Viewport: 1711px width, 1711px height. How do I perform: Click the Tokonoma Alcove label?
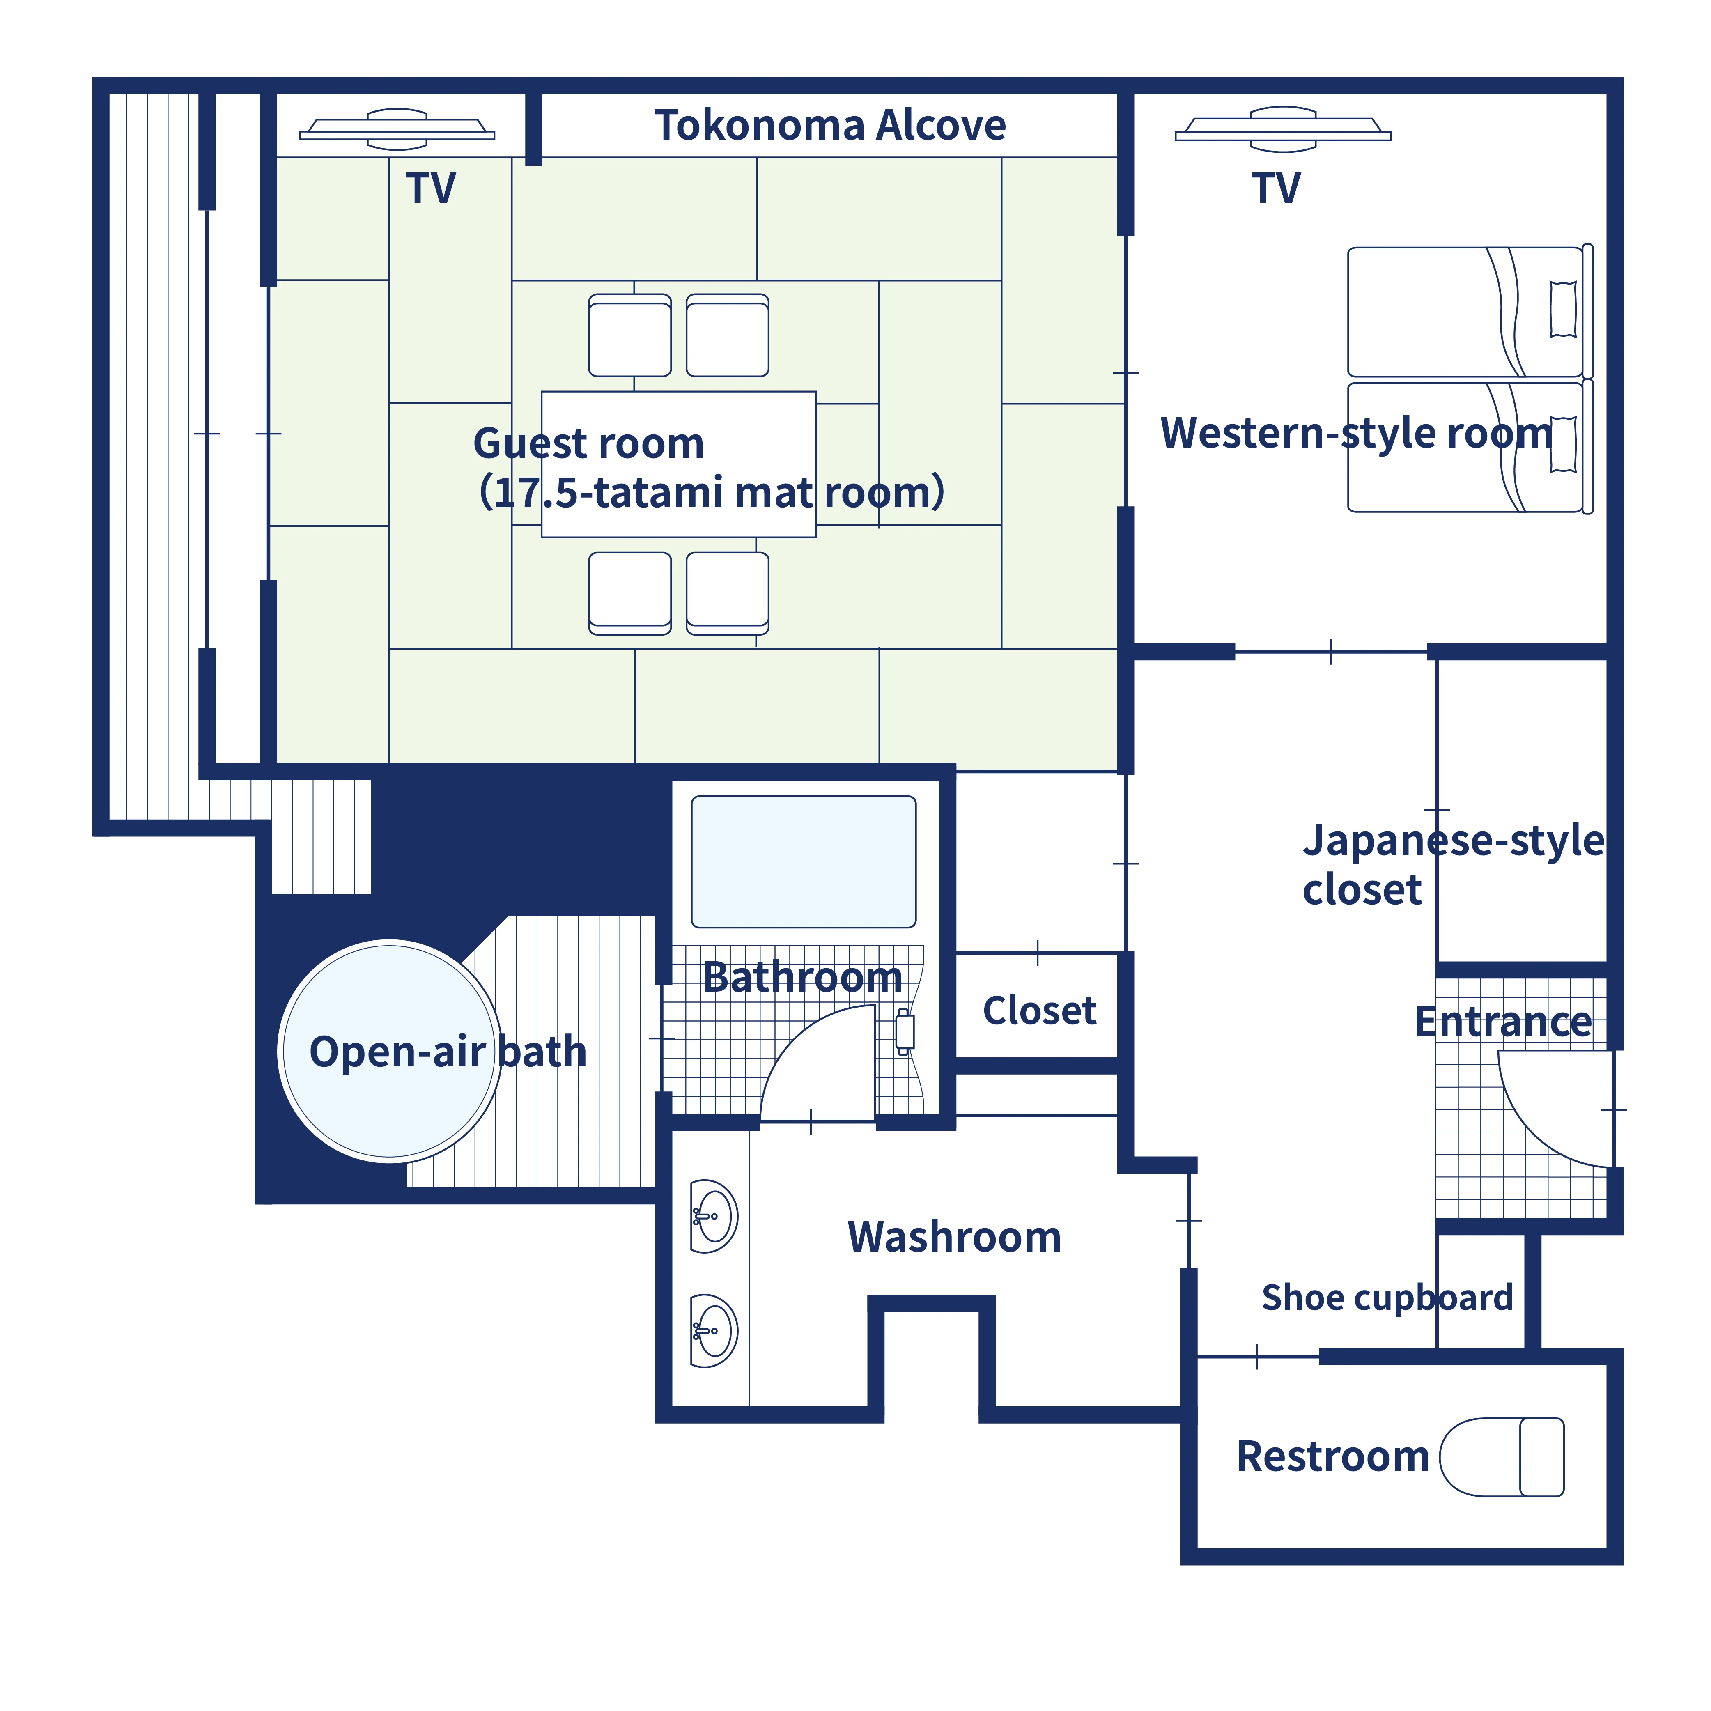tap(830, 126)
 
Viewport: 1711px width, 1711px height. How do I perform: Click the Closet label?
tap(1039, 1011)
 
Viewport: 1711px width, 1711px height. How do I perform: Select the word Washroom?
tap(954, 1237)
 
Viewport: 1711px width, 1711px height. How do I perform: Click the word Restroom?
tap(1332, 1457)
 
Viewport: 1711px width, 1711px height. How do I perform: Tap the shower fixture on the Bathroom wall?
tap(904, 1032)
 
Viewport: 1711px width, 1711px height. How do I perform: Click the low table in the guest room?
tap(678, 464)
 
